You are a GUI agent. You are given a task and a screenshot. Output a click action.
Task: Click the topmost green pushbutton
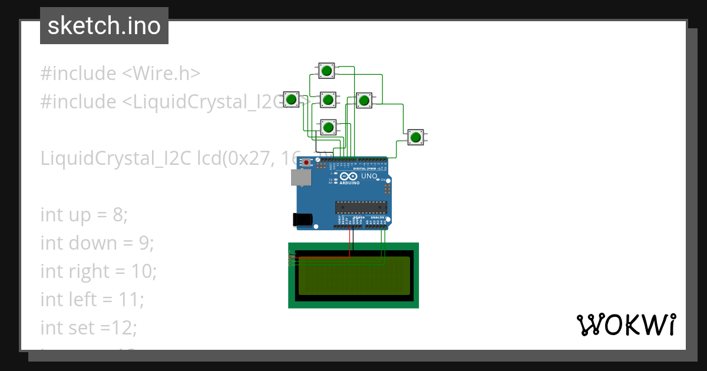click(x=327, y=71)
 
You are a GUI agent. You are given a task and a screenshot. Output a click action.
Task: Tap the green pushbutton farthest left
click(x=291, y=99)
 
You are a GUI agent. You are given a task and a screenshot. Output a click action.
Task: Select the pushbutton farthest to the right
click(x=416, y=137)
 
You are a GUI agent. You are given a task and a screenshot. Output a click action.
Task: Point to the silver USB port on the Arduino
click(x=300, y=177)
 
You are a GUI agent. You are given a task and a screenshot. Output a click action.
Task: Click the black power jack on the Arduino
click(x=303, y=218)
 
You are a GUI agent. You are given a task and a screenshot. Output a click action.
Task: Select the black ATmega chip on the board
click(x=361, y=207)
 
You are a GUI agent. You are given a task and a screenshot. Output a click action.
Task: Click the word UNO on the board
click(x=369, y=176)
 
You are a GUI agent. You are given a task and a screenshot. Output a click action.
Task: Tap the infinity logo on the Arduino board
click(x=348, y=176)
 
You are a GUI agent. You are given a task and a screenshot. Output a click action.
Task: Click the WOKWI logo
click(x=626, y=324)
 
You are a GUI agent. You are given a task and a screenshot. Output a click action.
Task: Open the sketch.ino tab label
click(x=104, y=26)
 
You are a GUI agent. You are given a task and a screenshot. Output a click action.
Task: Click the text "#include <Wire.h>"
click(x=121, y=74)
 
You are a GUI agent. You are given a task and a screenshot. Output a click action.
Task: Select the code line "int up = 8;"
click(x=84, y=215)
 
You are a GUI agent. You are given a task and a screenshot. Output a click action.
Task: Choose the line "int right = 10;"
click(x=98, y=271)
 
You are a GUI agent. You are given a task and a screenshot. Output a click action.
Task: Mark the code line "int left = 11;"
click(x=92, y=299)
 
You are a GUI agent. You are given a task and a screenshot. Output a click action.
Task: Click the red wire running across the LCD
click(x=321, y=258)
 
